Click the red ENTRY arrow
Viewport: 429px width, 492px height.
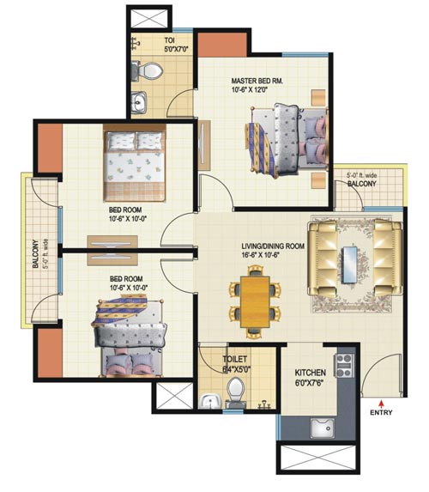click(x=381, y=403)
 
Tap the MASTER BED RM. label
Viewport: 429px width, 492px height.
click(x=257, y=81)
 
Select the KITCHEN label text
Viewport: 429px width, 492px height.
click(x=310, y=373)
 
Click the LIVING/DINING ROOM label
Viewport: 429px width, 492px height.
click(x=273, y=246)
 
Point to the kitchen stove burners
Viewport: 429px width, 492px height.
click(x=344, y=365)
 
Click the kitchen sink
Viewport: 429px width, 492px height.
click(x=323, y=428)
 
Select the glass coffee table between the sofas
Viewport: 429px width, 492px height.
click(x=350, y=264)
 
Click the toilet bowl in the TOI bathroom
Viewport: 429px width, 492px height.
click(x=151, y=70)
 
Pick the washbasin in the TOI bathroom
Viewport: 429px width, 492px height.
click(x=138, y=102)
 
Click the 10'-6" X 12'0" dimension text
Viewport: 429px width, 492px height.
click(x=250, y=90)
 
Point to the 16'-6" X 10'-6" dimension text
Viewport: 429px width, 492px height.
click(x=260, y=255)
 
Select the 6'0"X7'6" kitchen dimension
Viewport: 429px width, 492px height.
click(x=310, y=382)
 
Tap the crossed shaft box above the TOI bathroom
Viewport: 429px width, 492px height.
click(x=149, y=19)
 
